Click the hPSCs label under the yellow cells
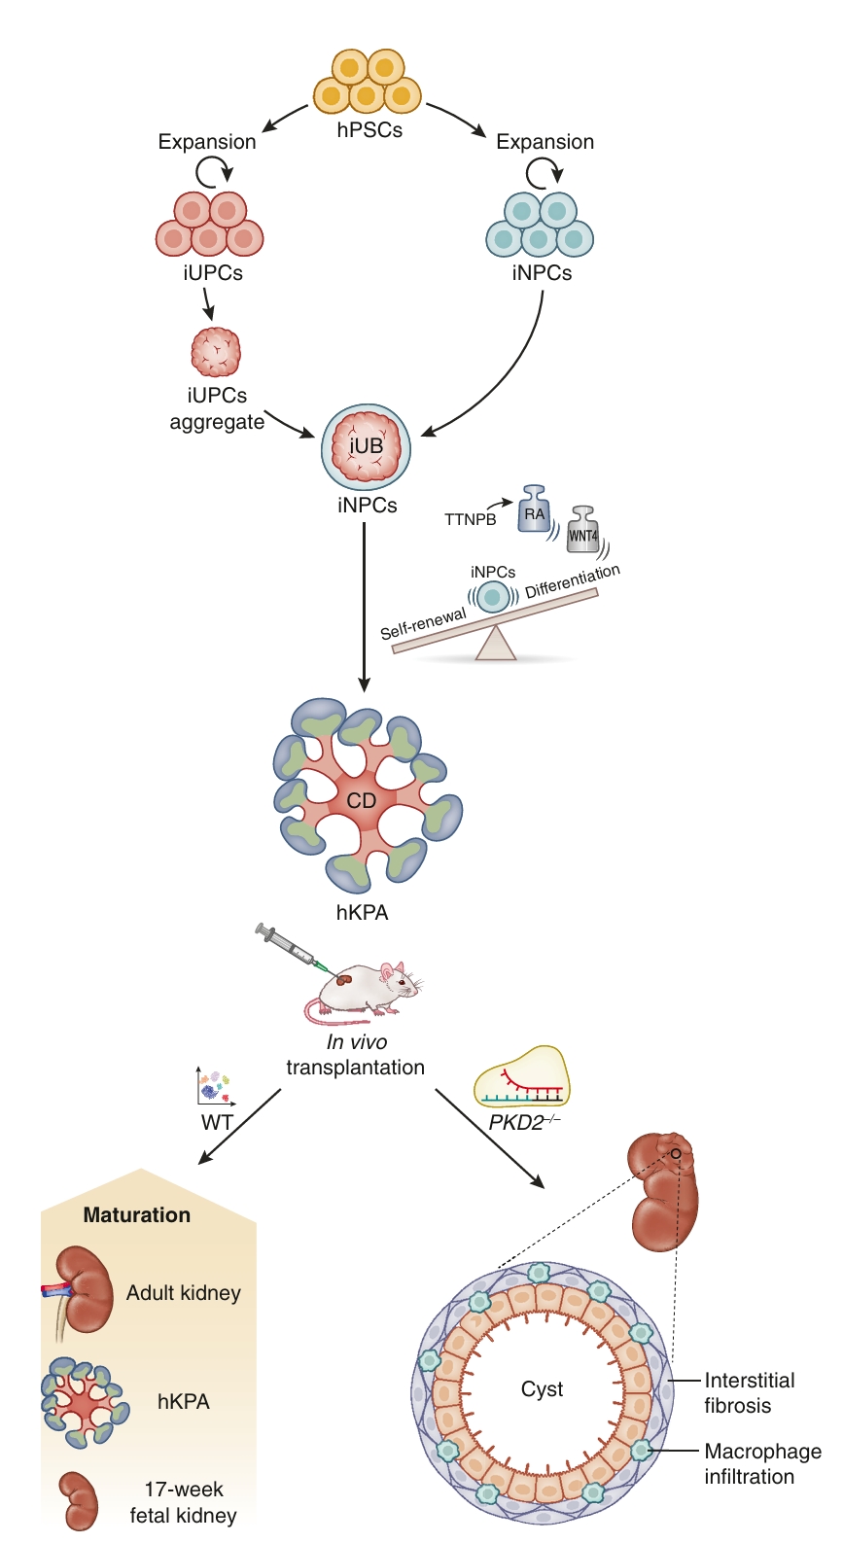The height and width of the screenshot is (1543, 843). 369,129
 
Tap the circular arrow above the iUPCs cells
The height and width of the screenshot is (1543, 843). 213,173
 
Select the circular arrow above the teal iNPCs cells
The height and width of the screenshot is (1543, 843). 544,173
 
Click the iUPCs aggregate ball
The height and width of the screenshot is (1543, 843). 216,352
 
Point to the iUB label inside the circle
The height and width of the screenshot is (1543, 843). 367,445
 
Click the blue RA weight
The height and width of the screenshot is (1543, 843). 534,509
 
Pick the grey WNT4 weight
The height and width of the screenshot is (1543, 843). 582,529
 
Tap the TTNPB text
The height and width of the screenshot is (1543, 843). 471,519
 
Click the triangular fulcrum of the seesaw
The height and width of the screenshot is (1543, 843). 496,644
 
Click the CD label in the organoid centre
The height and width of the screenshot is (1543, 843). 362,800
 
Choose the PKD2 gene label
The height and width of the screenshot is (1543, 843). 524,1123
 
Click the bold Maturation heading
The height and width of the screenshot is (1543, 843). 137,1214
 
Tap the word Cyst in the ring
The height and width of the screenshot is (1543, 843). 542,1388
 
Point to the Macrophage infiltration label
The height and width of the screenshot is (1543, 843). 762,1463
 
